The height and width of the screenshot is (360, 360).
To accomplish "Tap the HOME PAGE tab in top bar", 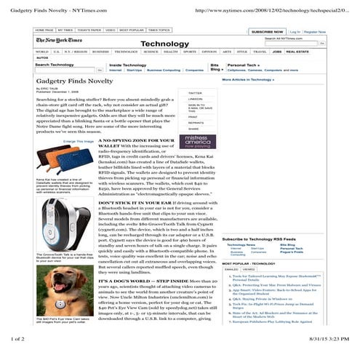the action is [x=45, y=31].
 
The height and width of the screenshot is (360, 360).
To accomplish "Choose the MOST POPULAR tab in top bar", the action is [x=132, y=31].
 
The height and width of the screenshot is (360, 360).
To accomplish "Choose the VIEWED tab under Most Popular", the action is [x=249, y=269].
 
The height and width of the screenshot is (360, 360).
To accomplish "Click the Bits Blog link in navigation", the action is [x=215, y=68].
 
